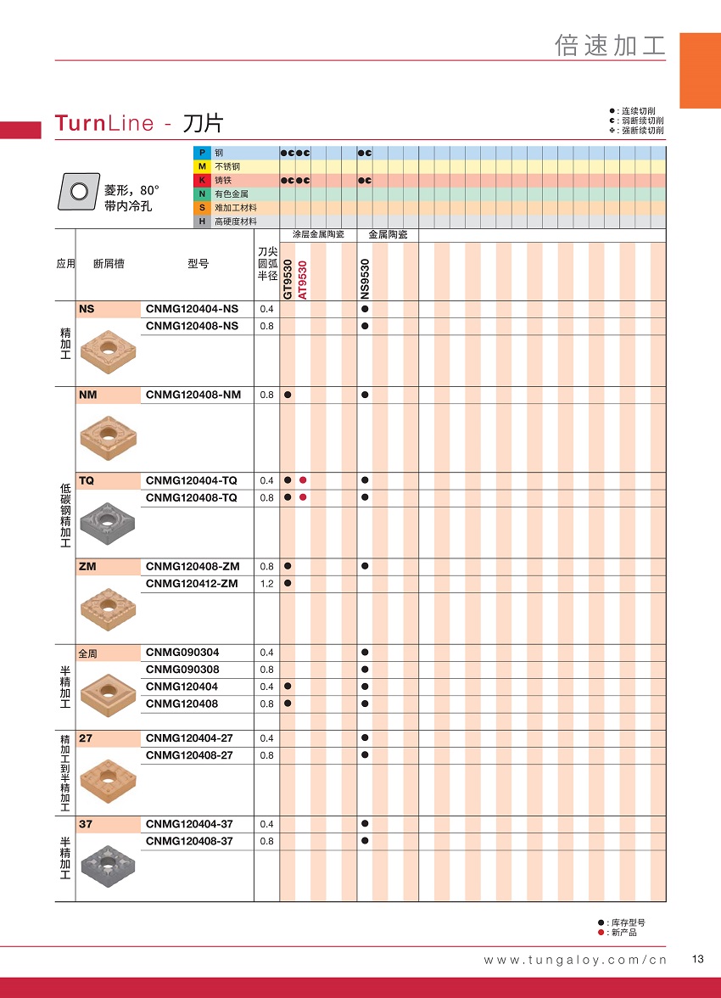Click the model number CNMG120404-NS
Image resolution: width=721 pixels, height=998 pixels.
pos(192,309)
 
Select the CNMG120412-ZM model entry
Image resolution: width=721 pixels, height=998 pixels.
pos(192,583)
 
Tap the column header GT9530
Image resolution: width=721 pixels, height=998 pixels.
pos(288,279)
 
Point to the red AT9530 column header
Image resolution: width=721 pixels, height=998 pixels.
pos(303,279)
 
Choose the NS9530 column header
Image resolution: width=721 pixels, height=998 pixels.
pos(365,279)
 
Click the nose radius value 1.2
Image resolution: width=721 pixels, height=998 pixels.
pos(266,583)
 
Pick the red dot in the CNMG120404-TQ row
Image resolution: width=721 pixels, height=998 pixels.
pos(303,480)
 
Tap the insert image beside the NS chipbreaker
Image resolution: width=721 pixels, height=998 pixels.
pos(109,352)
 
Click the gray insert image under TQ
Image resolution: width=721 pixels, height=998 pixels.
pos(109,524)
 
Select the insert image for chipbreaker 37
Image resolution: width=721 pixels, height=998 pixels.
pos(109,866)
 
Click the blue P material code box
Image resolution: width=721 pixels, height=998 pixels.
pos(202,153)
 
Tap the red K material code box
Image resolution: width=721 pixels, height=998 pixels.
pos(202,180)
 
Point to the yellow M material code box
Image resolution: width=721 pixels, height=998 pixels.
pos(202,166)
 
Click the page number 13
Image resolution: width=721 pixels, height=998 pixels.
pos(698,959)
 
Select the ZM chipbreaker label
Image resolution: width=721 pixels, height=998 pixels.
pos(87,566)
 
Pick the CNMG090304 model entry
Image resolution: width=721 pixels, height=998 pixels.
pos(182,652)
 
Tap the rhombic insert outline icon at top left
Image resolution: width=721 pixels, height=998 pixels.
pos(77,191)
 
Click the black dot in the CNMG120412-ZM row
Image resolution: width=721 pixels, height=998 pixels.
pos(288,583)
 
